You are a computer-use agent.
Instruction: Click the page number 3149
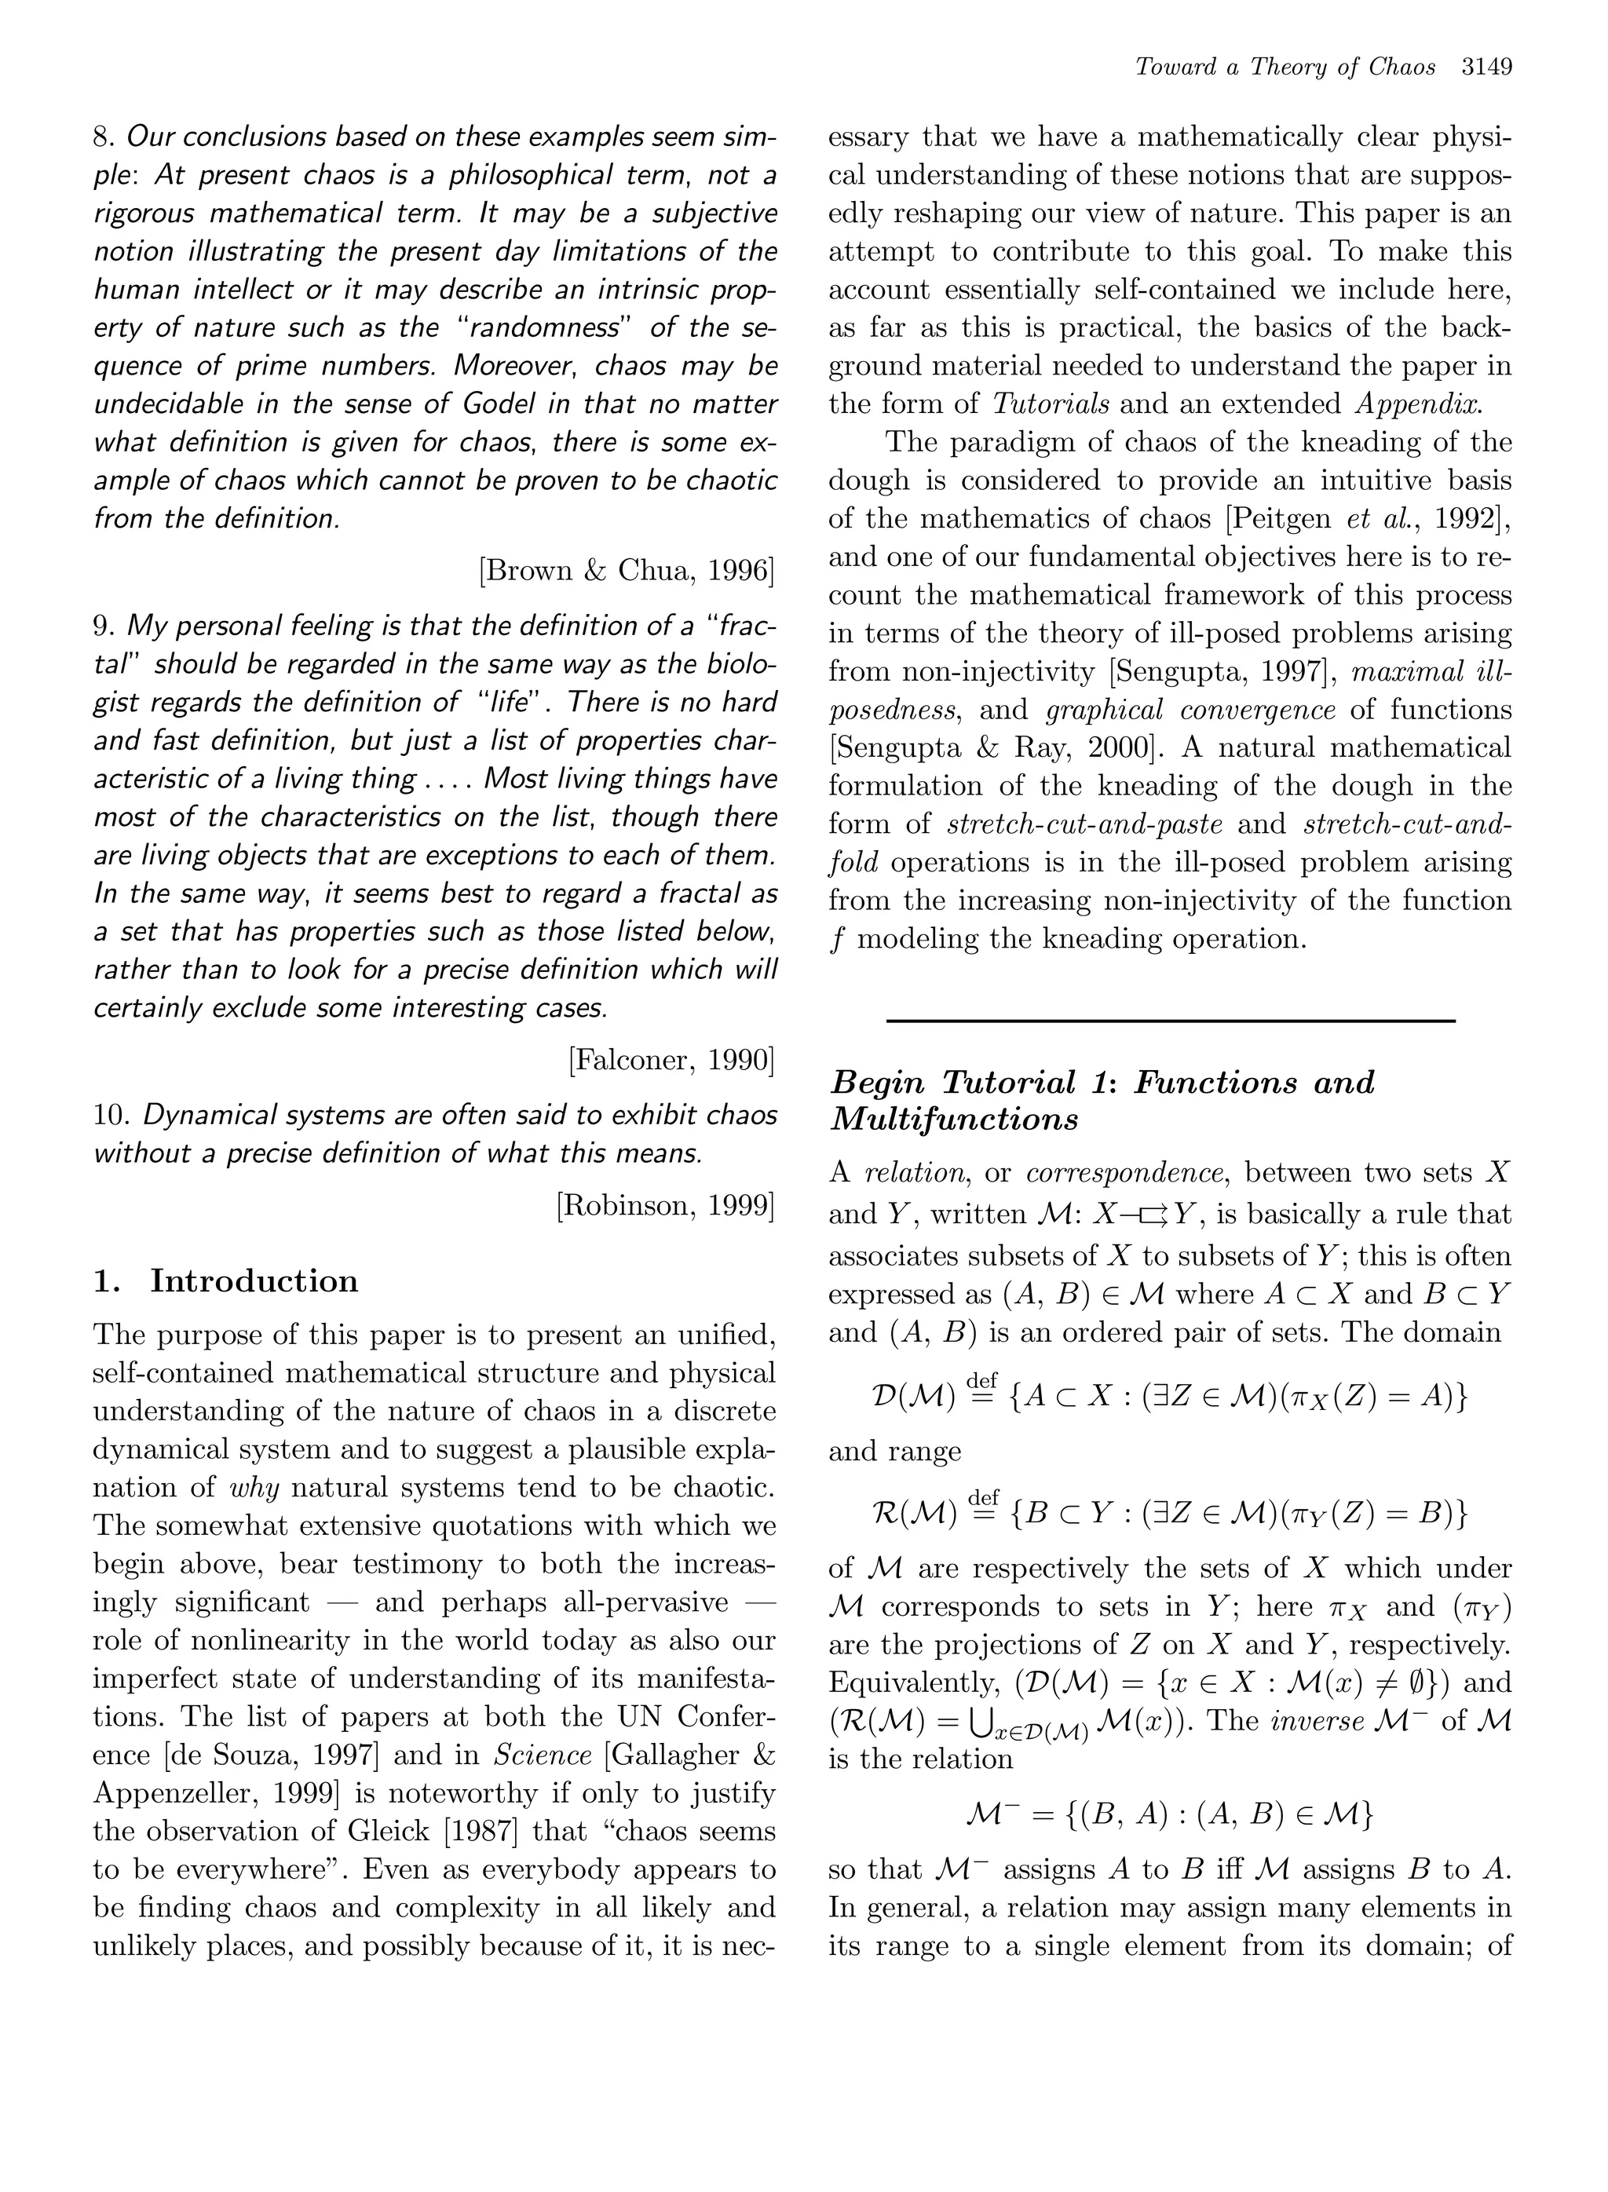(1486, 68)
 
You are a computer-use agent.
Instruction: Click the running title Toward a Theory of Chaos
(1285, 68)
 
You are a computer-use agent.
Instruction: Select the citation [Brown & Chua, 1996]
(627, 571)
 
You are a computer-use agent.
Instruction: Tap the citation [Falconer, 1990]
(671, 1060)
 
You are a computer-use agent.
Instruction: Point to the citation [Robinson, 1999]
(666, 1205)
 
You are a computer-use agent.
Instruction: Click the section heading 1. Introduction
(226, 1281)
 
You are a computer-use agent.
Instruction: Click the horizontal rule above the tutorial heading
(1170, 1020)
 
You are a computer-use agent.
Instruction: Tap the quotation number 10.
(111, 1115)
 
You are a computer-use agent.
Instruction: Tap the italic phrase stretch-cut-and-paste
(1084, 824)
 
